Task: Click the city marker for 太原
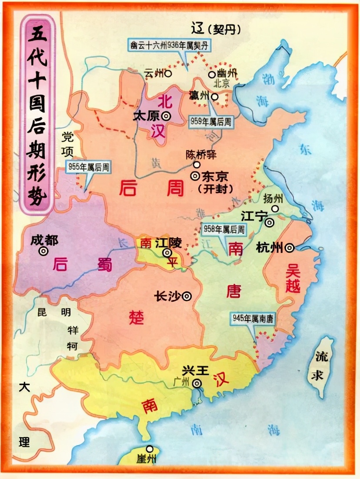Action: pos(166,116)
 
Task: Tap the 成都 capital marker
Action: pos(43,251)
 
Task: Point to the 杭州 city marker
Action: pos(289,248)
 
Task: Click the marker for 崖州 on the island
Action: pos(150,449)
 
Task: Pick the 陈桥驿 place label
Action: pos(200,155)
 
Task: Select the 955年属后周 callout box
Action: pos(88,166)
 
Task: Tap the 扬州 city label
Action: pos(273,198)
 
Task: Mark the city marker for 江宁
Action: pos(270,223)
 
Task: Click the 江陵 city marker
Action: pos(167,253)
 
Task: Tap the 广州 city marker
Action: pos(197,383)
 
